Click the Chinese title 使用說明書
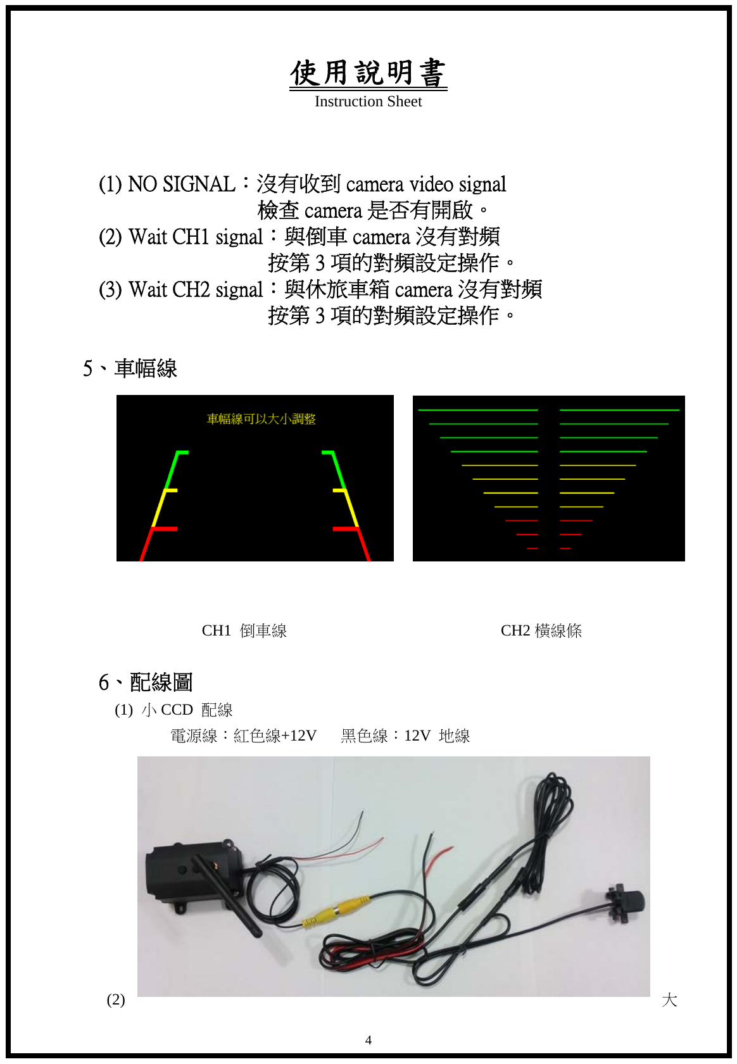368,73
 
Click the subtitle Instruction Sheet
368,102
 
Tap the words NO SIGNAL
182,184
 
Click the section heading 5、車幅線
130,368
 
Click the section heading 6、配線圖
146,682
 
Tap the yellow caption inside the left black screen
261,419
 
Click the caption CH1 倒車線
244,630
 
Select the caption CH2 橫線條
541,630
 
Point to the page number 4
368,1040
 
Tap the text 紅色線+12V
275,735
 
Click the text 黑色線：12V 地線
405,735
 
